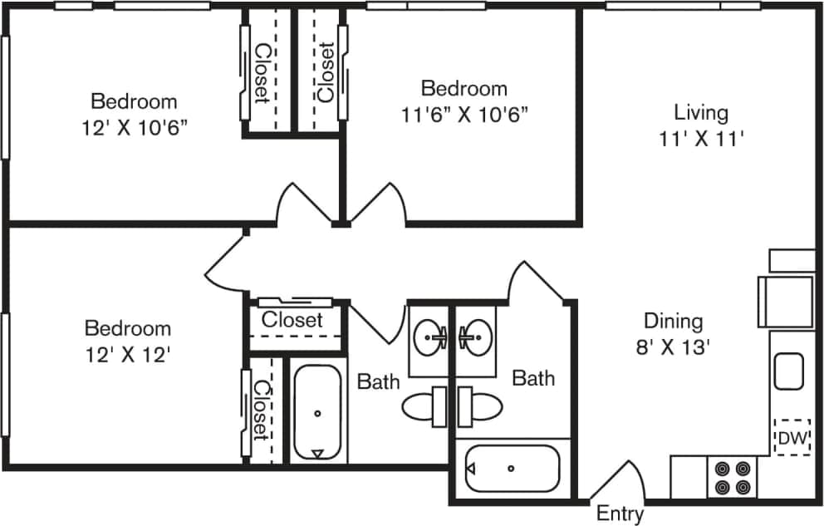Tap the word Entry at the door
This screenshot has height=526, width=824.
620,514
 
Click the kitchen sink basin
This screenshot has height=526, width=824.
788,371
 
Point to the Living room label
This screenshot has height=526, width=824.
700,111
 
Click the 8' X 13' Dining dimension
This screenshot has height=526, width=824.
673,347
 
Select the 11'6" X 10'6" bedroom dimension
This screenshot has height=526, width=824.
463,114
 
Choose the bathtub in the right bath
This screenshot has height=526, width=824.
511,469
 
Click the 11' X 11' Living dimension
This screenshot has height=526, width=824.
700,139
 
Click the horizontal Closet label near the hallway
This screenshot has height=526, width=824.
292,319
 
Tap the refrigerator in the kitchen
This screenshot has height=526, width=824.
786,302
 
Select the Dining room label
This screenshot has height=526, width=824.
673,321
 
